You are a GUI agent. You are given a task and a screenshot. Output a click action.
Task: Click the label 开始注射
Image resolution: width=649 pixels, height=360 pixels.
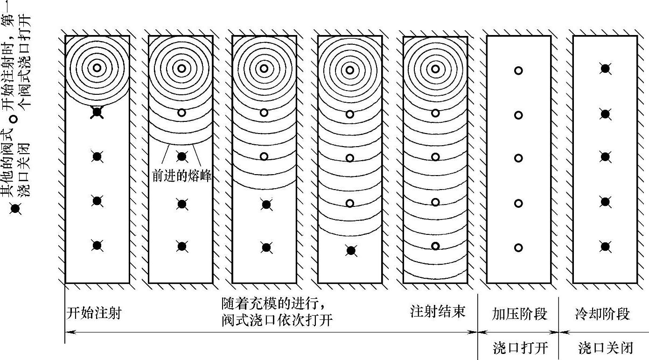click(x=93, y=312)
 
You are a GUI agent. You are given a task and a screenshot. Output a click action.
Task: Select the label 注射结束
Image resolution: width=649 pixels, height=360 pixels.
click(x=438, y=311)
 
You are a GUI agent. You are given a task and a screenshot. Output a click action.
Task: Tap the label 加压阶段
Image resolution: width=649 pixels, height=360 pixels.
click(x=519, y=313)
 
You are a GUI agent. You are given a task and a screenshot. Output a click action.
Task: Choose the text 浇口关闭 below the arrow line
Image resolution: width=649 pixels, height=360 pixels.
click(x=605, y=348)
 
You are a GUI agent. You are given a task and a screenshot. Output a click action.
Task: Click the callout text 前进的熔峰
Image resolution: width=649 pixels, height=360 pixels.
click(x=182, y=176)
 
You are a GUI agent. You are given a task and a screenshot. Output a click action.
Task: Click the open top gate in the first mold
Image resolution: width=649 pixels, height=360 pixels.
click(x=97, y=67)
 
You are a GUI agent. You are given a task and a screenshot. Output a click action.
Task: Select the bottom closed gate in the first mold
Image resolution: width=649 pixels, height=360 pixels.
click(x=97, y=245)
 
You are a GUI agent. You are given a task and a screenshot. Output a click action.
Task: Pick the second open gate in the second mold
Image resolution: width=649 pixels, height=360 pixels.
click(x=182, y=113)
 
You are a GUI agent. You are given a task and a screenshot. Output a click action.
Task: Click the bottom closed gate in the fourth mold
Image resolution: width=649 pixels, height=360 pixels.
click(x=351, y=250)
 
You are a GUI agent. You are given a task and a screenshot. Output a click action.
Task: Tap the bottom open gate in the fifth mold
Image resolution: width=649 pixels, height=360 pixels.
click(x=435, y=246)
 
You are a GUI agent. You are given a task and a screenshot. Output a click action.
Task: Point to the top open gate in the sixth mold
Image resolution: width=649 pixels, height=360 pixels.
click(x=518, y=71)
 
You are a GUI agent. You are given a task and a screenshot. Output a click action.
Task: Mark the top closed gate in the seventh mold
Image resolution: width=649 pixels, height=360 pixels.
click(x=605, y=69)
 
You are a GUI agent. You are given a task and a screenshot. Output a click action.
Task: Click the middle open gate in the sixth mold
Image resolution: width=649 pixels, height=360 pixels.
click(x=518, y=158)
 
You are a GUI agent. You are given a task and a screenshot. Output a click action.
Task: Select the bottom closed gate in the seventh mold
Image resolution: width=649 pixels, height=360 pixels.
click(x=605, y=246)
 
